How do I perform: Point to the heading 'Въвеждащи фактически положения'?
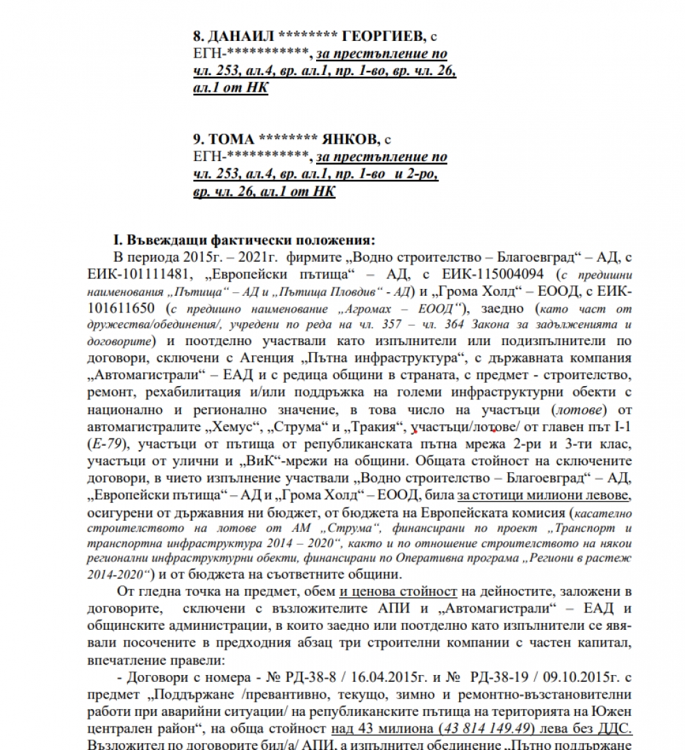[249, 240]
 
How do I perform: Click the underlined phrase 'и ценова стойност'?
[398, 592]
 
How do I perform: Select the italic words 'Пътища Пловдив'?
[359, 290]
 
